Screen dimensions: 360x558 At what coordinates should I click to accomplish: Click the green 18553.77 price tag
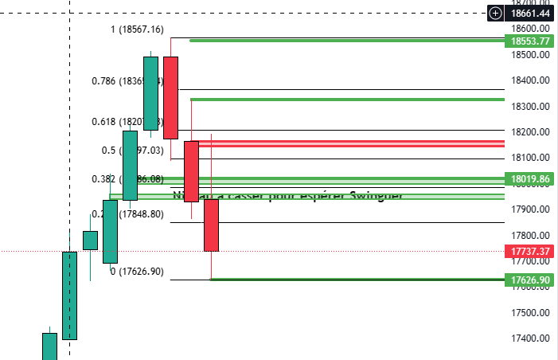pos(531,41)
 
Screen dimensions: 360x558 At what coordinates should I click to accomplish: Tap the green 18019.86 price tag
pos(531,179)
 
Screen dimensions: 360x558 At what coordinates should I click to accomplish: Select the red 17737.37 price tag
pos(531,252)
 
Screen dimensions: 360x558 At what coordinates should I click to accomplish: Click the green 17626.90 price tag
pos(531,280)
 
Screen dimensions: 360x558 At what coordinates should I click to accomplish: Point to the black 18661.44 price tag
pos(531,14)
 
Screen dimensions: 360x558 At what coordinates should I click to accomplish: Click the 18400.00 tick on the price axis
pos(530,80)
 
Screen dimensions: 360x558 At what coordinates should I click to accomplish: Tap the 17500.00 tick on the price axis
pos(530,312)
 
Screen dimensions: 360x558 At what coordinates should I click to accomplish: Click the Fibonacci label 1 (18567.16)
pos(136,29)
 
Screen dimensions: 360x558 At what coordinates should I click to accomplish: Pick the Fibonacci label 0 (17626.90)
pos(136,272)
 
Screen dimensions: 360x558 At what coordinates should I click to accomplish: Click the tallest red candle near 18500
pos(170,97)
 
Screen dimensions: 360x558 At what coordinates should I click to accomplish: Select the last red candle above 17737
pos(211,225)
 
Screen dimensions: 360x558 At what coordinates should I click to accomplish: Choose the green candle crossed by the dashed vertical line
pos(70,295)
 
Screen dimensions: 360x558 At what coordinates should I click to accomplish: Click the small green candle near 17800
pos(90,240)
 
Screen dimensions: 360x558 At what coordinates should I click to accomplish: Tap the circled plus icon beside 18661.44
pos(496,14)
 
